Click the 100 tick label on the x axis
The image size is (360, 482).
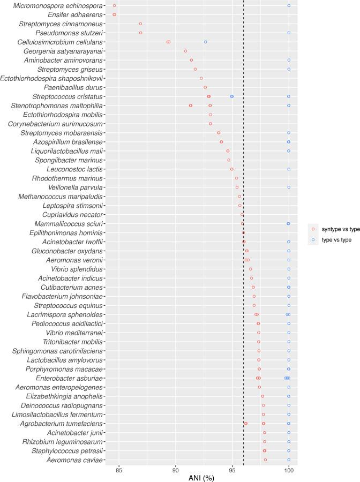pos(289,468)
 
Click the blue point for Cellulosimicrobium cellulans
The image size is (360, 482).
pos(205,42)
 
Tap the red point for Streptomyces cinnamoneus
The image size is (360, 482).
pos(140,24)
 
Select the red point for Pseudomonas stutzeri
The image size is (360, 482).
pos(141,33)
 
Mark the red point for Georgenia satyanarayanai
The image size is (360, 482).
pos(185,51)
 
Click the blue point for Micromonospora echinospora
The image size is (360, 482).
pos(289,5)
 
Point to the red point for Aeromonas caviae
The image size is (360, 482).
pos(265,460)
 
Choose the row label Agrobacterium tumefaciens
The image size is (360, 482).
pos(61,423)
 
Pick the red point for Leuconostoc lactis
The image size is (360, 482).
pos(232,169)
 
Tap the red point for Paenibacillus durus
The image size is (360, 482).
pos(205,87)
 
